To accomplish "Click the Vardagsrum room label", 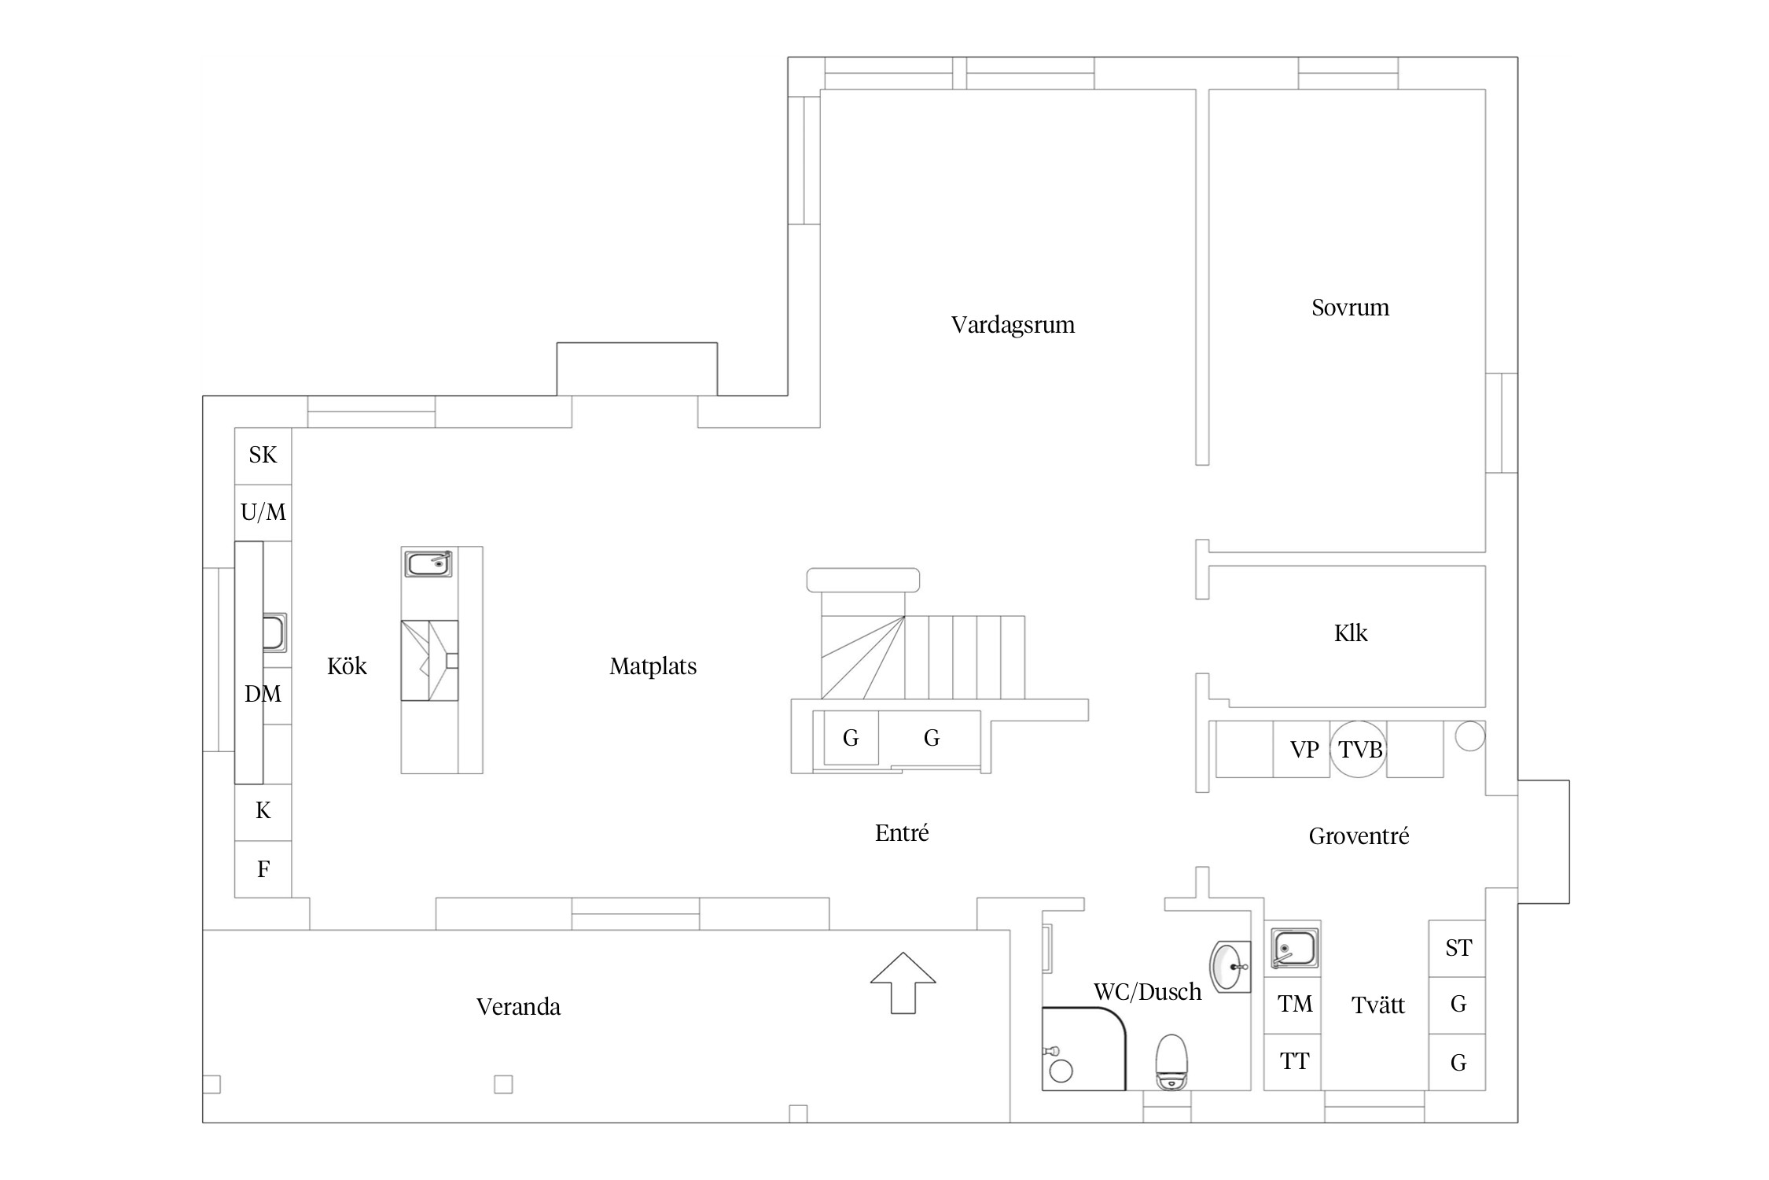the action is click(1013, 325).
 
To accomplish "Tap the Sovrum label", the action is click(1350, 308).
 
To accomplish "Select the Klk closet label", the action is click(1351, 633).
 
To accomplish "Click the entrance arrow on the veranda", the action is click(903, 983).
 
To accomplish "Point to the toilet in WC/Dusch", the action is click(1171, 1061).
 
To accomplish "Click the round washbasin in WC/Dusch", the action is click(1230, 967).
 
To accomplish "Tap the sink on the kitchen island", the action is click(428, 564).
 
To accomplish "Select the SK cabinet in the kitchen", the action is click(263, 455).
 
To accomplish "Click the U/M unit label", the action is click(263, 513).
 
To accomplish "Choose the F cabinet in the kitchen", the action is click(263, 869).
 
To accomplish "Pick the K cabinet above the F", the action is click(263, 812).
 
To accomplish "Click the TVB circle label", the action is click(1360, 750).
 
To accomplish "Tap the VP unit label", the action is click(1304, 750).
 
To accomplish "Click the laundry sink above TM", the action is click(1294, 948).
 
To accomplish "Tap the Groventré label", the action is click(1359, 836).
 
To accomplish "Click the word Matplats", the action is click(653, 667).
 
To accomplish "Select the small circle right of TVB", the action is click(1470, 736).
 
